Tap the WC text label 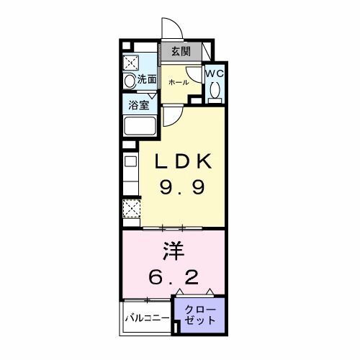[215, 73]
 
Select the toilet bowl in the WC [215, 91]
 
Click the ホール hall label [178, 83]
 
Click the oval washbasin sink [130, 81]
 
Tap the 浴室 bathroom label [140, 104]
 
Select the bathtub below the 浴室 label [140, 127]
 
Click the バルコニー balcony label [147, 317]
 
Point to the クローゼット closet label [199, 315]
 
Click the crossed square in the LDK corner [130, 210]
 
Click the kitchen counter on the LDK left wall [130, 173]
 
